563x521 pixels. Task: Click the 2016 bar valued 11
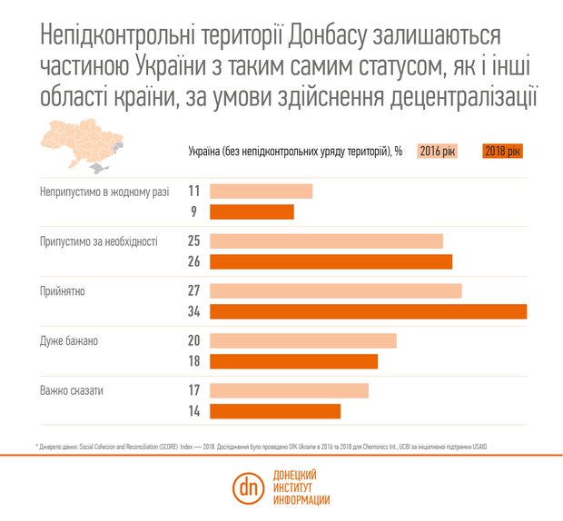(x=261, y=192)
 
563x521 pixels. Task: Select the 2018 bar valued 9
(x=252, y=211)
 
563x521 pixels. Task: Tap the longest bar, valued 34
(x=368, y=311)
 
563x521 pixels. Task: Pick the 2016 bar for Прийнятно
(x=335, y=291)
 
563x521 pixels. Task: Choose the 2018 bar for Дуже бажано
(x=293, y=361)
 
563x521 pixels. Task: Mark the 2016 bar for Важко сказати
(x=289, y=390)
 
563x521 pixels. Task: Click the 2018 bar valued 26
(x=331, y=261)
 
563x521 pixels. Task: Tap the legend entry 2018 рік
(x=504, y=151)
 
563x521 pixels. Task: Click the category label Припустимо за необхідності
(x=99, y=242)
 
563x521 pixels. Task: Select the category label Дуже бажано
(x=69, y=341)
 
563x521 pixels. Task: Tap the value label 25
(x=193, y=241)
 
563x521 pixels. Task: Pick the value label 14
(x=193, y=411)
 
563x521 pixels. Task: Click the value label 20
(x=193, y=340)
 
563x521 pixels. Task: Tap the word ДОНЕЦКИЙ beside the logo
(x=295, y=475)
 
